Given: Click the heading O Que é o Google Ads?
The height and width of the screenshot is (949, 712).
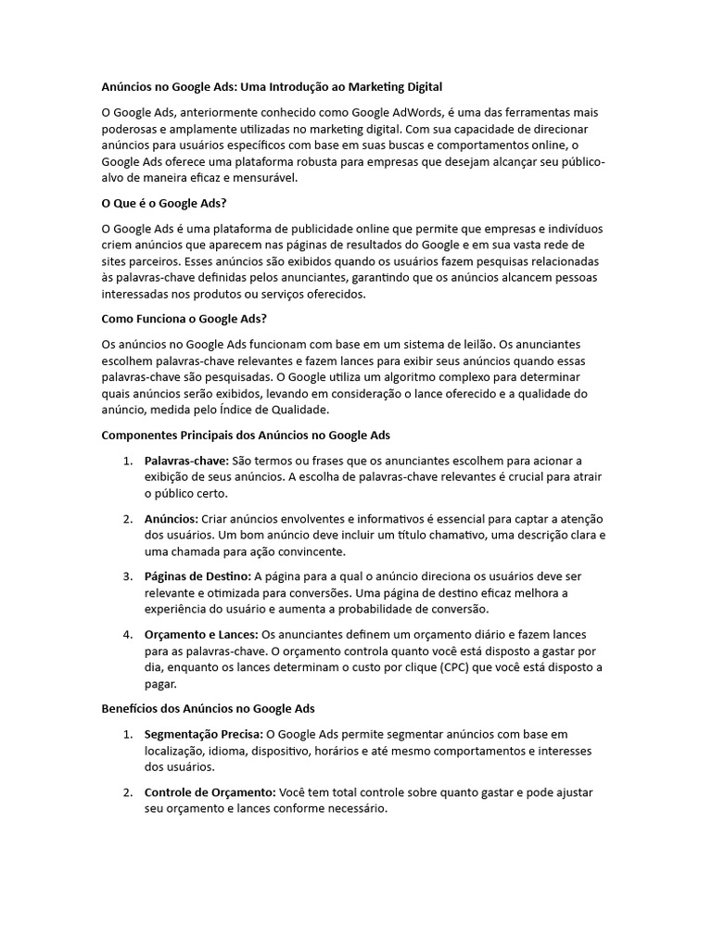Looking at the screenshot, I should pyautogui.click(x=164, y=203).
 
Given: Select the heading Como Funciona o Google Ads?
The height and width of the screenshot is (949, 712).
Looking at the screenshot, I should pyautogui.click(x=184, y=320).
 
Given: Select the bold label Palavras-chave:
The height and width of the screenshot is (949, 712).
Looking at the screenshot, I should pyautogui.click(x=186, y=461).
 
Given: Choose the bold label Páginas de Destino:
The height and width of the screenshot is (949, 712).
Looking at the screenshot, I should pyautogui.click(x=198, y=576).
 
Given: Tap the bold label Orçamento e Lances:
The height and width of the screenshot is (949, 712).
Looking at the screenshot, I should pyautogui.click(x=202, y=635).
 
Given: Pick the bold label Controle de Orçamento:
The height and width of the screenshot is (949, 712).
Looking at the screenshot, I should pyautogui.click(x=210, y=793).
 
